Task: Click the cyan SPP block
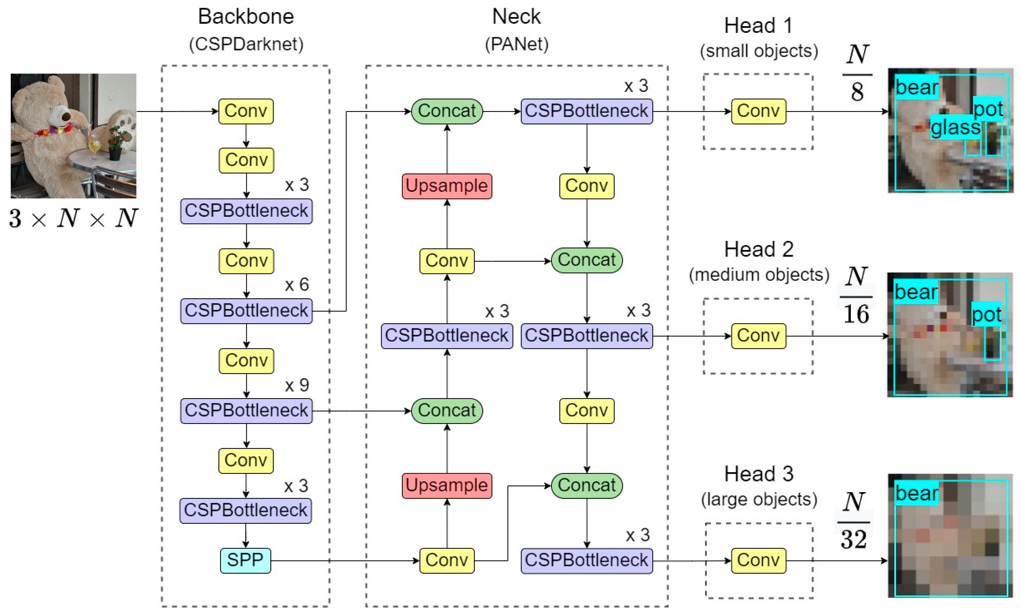tap(246, 560)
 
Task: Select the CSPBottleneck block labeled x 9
tap(246, 411)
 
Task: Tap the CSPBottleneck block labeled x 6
tap(246, 311)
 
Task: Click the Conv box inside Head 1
tap(758, 111)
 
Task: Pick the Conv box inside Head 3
tap(758, 560)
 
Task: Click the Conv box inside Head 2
tap(758, 336)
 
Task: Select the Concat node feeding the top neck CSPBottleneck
tap(447, 111)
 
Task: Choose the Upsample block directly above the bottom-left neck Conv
tap(447, 485)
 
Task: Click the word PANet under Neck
tap(517, 44)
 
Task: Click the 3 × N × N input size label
tap(73, 218)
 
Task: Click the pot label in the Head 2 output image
tap(986, 315)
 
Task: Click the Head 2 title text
tap(759, 249)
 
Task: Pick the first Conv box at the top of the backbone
tap(246, 111)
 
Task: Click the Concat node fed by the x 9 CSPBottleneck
tap(447, 411)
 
